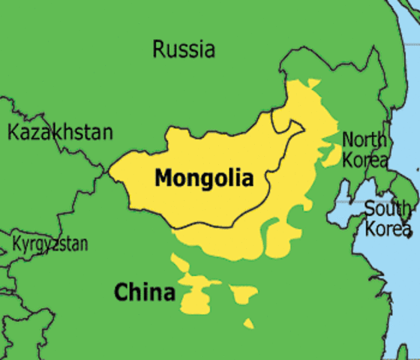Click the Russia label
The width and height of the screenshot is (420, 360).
[x=184, y=49]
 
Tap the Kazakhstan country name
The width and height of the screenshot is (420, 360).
[x=60, y=133]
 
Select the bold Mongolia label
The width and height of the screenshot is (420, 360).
[x=204, y=178]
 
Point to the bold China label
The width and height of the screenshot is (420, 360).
[x=144, y=292]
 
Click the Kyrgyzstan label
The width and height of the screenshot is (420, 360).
[x=49, y=244]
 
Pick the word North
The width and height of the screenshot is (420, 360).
[x=364, y=139]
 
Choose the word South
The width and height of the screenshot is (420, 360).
[x=388, y=208]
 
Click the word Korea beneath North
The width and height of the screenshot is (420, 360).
[x=367, y=159]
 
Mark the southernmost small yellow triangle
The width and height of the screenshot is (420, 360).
[x=247, y=323]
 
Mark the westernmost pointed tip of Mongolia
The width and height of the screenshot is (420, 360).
[x=109, y=172]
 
